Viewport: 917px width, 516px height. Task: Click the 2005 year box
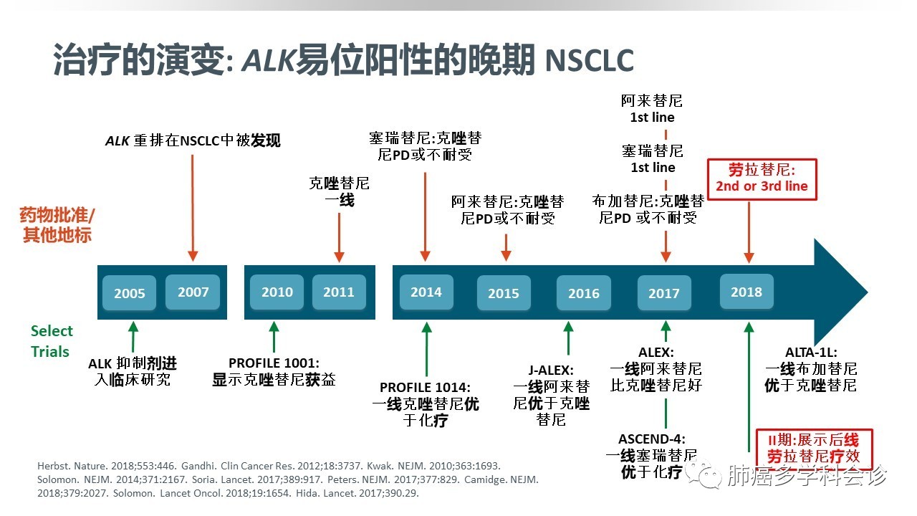[x=130, y=293]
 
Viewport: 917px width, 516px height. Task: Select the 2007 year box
[x=193, y=292]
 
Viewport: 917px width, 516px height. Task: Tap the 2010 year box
[x=277, y=292]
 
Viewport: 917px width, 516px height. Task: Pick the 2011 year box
[x=339, y=292]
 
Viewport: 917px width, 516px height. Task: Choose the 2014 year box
[x=426, y=292]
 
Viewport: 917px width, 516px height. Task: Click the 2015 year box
[x=504, y=293]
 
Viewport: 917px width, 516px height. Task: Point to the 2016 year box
[x=584, y=293]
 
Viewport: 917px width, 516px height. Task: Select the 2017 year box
[x=664, y=293]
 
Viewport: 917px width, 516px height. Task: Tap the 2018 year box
[x=746, y=292]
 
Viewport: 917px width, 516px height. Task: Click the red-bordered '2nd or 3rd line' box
[x=762, y=178]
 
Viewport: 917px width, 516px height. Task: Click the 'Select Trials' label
[x=51, y=341]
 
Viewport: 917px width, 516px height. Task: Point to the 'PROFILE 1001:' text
[x=274, y=363]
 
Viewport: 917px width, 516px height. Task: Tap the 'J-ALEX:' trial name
[x=552, y=371]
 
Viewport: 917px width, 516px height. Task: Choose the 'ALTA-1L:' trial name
[x=811, y=352]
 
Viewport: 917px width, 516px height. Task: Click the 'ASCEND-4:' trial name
[x=652, y=439]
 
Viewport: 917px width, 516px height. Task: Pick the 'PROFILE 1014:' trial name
[x=426, y=388]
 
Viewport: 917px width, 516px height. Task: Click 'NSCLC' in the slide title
[x=589, y=62]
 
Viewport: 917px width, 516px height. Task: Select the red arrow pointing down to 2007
[x=192, y=208]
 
